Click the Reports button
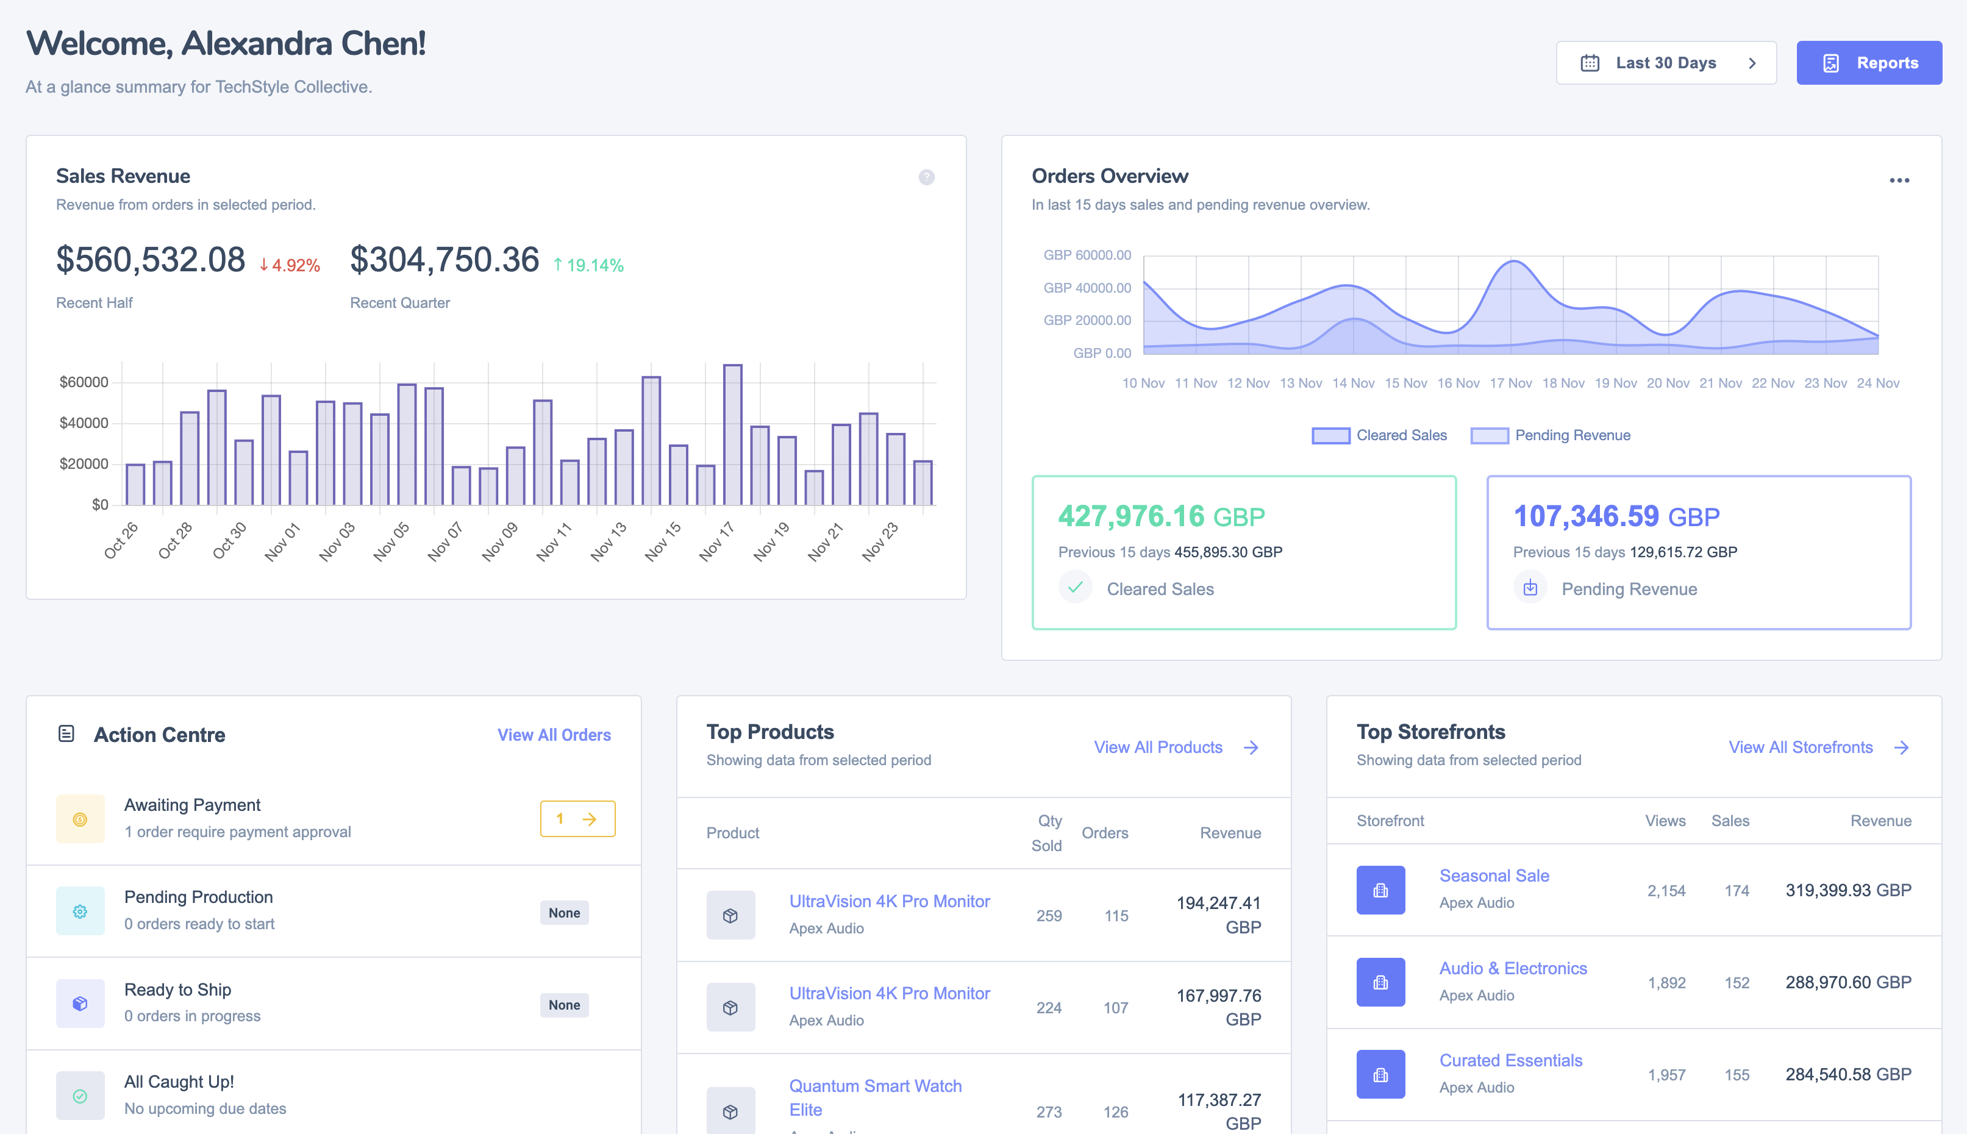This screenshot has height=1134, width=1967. (x=1868, y=63)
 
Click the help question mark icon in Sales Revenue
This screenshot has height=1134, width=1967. (x=926, y=177)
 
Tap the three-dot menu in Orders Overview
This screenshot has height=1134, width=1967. (x=1899, y=180)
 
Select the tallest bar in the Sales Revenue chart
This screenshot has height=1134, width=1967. (x=732, y=435)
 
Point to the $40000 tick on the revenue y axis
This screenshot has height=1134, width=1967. (x=84, y=423)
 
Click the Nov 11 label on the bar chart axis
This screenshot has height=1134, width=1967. (x=554, y=541)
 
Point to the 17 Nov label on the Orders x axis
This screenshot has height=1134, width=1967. (x=1510, y=383)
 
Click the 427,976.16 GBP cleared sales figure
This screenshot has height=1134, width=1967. (x=1160, y=516)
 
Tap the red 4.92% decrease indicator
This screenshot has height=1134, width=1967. (x=290, y=266)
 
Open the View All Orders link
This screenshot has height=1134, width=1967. (x=554, y=735)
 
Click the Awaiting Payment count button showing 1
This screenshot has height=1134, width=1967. (x=577, y=819)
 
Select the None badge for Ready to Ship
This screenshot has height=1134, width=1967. (x=564, y=1005)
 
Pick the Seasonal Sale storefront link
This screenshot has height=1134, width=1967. (x=1494, y=875)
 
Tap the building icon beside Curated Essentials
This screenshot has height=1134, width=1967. (x=1380, y=1074)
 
